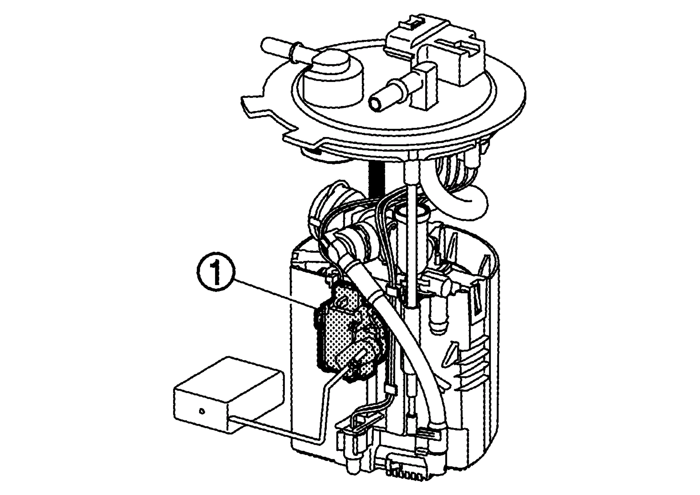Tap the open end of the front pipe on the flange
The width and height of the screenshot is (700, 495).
point(376,104)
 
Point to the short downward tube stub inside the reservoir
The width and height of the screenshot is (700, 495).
point(439,322)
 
